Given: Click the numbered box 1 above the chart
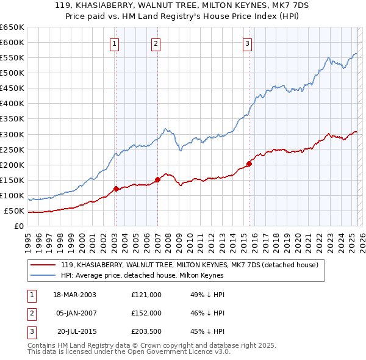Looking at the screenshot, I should click(115, 43).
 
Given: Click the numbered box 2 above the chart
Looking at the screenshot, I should click(156, 43).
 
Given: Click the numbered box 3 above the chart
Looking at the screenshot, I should click(248, 43).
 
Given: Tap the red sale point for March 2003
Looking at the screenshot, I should click(116, 189).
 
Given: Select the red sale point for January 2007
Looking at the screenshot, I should click(157, 179).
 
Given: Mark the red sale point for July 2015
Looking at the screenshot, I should click(249, 164).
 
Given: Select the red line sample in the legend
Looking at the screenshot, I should click(43, 265).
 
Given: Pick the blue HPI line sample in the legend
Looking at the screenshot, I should click(43, 276).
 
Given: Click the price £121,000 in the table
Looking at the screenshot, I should click(146, 295).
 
